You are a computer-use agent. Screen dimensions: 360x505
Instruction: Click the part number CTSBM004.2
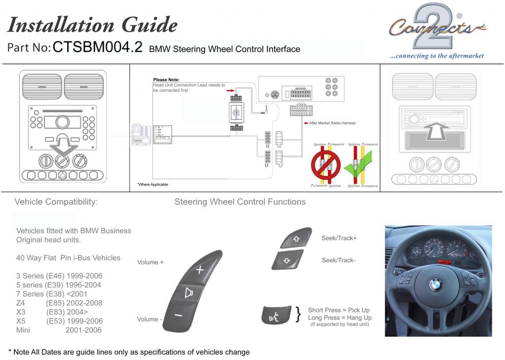coord(97,47)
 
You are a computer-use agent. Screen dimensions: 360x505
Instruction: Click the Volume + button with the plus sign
coord(199,270)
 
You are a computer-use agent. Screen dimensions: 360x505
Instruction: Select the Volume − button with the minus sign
coord(179,315)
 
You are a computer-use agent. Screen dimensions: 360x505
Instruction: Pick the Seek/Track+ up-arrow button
coord(296,238)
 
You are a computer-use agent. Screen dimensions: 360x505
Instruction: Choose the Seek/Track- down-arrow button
coord(288,259)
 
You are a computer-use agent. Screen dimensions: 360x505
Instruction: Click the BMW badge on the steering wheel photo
coord(435,284)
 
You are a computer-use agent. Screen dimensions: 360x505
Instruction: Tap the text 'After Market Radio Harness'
coord(331,123)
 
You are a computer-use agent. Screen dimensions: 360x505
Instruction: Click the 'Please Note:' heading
coord(166,79)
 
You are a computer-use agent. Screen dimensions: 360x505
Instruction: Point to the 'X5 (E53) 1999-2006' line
coord(59,321)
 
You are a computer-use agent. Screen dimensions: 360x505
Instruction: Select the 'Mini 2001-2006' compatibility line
coord(59,330)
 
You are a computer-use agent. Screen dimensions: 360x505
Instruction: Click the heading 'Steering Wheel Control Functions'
coord(240,202)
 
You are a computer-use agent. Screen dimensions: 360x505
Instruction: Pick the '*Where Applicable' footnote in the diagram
coord(152,184)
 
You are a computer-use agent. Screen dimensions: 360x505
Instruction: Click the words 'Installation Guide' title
coord(93,25)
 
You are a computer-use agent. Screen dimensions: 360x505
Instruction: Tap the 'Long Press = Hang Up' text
coord(339,318)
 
